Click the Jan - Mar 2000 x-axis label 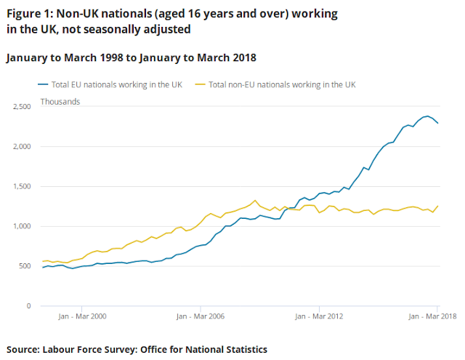click(82, 317)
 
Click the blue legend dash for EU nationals click(44, 85)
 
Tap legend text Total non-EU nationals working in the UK click(282, 85)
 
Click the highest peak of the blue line click(427, 116)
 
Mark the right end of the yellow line click(437, 206)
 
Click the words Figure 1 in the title click(28, 15)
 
